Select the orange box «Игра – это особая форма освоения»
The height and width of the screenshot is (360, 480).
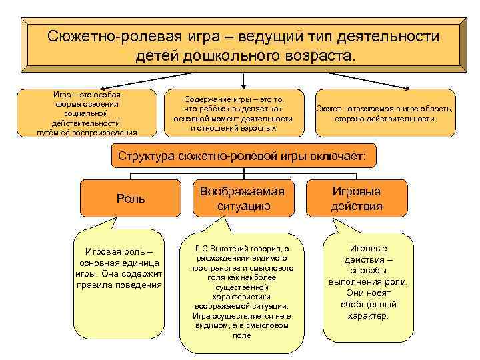pyautogui.click(x=87, y=113)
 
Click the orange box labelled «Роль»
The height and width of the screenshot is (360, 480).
pyautogui.click(x=130, y=199)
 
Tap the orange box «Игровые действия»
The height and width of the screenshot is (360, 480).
pyautogui.click(x=356, y=199)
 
